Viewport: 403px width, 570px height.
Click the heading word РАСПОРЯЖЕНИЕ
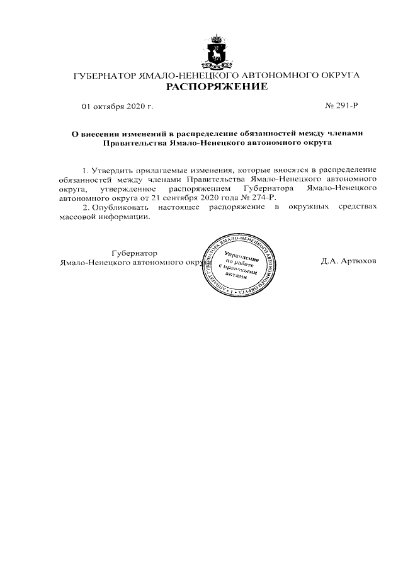click(x=217, y=86)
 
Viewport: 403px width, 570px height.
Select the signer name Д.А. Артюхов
click(x=348, y=261)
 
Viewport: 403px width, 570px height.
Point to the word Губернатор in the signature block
click(x=134, y=253)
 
